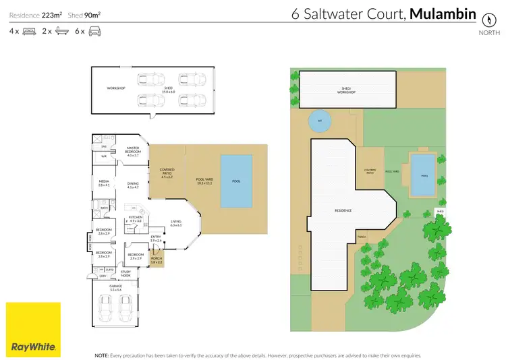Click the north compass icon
click(x=484, y=19)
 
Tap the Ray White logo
click(x=33, y=330)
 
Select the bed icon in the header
click(x=29, y=31)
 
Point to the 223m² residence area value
click(x=51, y=14)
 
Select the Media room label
click(x=104, y=182)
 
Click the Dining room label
click(x=132, y=185)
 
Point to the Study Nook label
click(x=125, y=273)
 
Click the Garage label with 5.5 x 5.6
click(x=116, y=287)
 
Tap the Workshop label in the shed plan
click(x=116, y=88)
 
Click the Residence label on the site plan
click(x=343, y=210)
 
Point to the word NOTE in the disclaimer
click(x=102, y=354)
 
